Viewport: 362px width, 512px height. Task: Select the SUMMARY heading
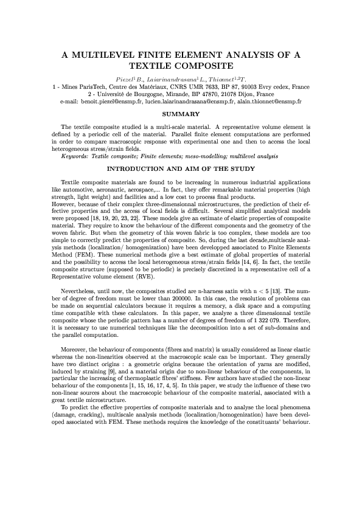coord(181,114)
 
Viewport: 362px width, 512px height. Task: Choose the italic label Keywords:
coord(78,156)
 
